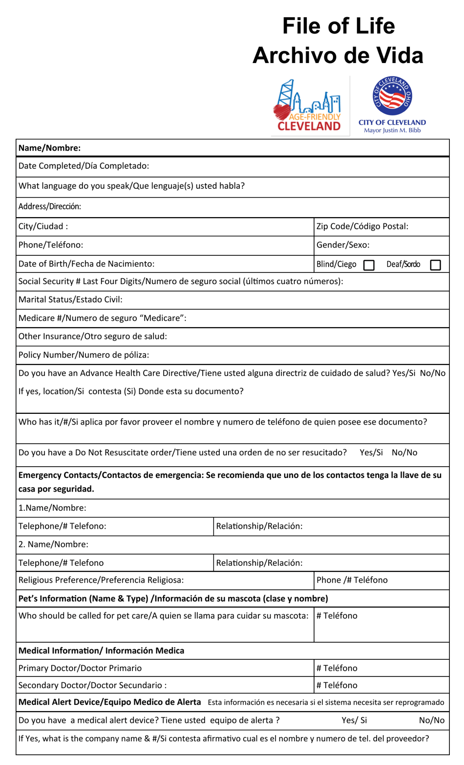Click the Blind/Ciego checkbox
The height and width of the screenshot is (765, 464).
tap(369, 265)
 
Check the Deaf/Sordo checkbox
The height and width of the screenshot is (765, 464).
tap(435, 265)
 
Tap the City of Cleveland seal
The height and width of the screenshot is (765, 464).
tap(392, 96)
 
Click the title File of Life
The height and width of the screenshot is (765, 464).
tap(338, 26)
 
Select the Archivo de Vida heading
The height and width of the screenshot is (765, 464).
tap(337, 55)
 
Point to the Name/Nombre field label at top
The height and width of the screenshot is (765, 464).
tap(49, 148)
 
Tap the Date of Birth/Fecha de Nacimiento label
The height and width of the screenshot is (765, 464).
tap(86, 264)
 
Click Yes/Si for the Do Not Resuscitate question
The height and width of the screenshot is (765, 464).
tap(371, 452)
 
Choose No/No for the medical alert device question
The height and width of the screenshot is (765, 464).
tap(432, 720)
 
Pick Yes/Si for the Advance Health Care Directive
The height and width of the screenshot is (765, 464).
tap(403, 373)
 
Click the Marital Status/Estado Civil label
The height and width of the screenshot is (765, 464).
tap(70, 299)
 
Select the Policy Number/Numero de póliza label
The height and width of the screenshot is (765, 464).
tap(84, 355)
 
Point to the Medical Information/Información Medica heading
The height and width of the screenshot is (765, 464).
tap(101, 651)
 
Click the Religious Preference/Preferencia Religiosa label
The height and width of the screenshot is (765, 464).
tap(101, 580)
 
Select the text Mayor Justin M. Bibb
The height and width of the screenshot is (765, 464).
tap(392, 131)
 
